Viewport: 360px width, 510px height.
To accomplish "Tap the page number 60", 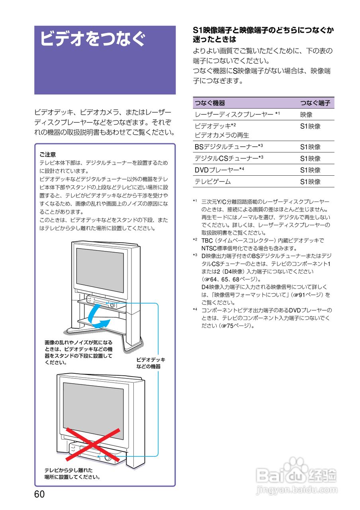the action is [x=39, y=494].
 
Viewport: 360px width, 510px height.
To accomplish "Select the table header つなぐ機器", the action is [x=210, y=103].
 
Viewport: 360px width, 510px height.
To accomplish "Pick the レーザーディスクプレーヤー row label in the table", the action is [x=237, y=115].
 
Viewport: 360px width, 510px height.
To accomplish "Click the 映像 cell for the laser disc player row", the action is [x=306, y=115].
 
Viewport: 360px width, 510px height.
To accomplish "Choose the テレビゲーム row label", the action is [x=212, y=182].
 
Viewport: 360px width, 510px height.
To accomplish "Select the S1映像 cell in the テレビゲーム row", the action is [x=310, y=182].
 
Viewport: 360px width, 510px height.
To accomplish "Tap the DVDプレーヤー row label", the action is [x=219, y=170].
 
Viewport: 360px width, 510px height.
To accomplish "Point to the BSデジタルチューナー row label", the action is [x=229, y=147].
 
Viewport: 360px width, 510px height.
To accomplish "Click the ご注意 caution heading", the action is [x=48, y=154].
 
